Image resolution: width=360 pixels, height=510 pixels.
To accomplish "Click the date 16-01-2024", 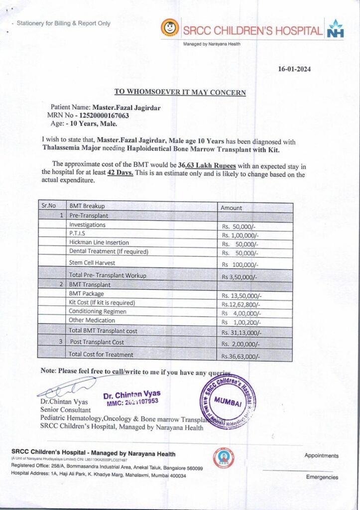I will point(294,69).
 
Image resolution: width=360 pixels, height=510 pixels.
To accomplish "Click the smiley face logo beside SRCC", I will point(170,28).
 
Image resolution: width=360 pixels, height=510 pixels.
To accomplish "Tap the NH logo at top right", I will point(335,30).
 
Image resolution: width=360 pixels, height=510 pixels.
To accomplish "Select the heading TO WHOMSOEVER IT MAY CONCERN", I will point(180,92).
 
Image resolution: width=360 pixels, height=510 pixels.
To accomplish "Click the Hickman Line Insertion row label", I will point(100,243).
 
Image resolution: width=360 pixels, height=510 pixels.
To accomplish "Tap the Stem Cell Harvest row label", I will point(92,262).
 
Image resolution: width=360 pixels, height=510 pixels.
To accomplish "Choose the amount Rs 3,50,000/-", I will point(240,276).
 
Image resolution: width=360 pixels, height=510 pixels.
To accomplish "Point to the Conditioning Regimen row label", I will point(98,311).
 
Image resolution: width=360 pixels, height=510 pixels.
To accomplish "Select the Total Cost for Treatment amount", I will point(240,356).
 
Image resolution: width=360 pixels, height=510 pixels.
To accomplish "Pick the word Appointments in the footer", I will point(321,456).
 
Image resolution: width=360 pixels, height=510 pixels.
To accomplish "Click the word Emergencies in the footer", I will point(322,477).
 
